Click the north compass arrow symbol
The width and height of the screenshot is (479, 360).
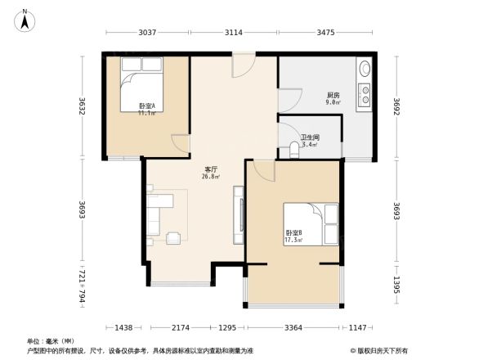pos(25,19)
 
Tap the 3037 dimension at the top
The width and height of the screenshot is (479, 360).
pos(146,32)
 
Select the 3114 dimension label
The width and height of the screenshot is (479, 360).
pos(234,32)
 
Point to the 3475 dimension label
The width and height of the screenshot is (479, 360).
pos(325,32)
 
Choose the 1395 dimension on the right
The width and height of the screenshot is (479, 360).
pos(396,286)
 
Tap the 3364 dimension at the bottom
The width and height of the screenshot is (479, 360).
pos(292,327)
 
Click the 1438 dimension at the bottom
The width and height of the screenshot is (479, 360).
pos(124,327)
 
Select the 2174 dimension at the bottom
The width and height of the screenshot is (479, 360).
pos(180,327)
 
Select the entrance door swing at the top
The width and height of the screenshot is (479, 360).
pos(243,66)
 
